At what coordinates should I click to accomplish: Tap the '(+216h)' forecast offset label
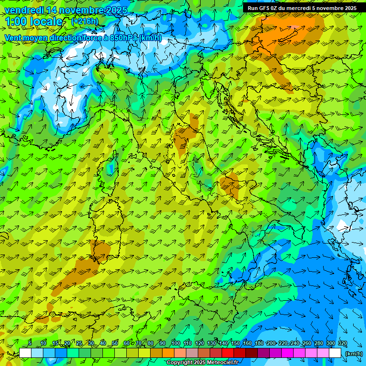pos(84,21)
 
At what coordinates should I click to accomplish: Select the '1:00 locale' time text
pos(33,21)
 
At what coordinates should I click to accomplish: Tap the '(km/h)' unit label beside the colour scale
pos(353,354)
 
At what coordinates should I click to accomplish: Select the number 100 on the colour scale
pos(175,344)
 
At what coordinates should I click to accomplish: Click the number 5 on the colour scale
pos(30,344)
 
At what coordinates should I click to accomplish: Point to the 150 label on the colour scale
pos(235,344)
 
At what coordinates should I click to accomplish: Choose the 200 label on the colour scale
pos(271,344)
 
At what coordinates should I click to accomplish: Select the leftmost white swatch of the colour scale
pos(25,353)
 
